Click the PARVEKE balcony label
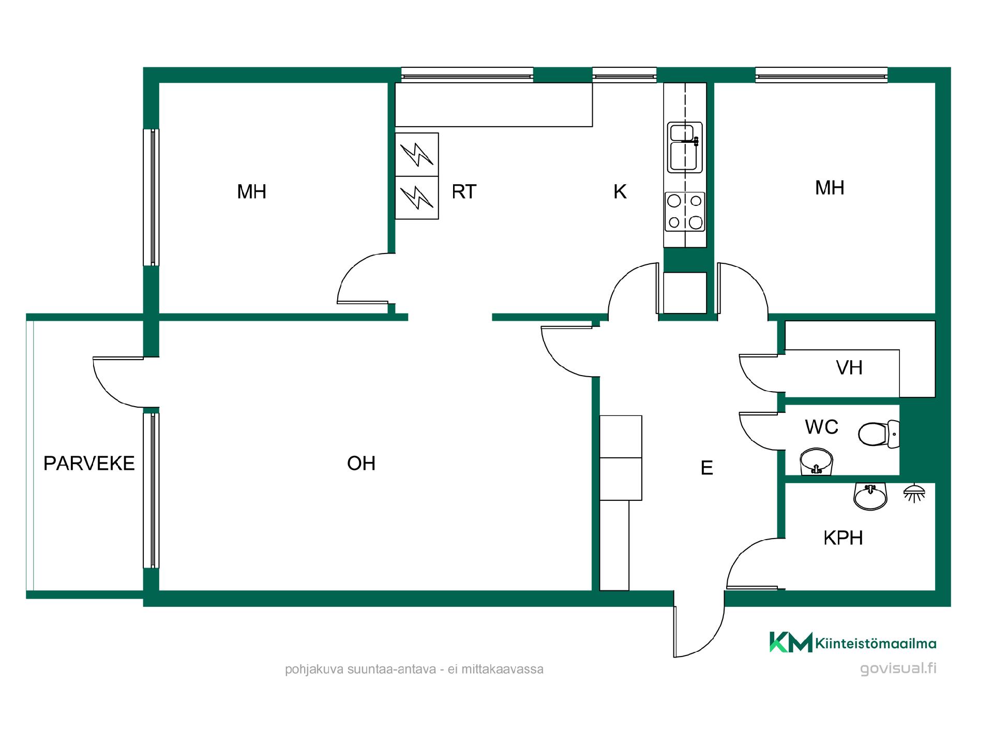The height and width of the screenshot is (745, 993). [89, 463]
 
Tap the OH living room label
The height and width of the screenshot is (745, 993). [361, 463]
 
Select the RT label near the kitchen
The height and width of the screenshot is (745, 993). [464, 191]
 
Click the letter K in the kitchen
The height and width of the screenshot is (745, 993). [620, 191]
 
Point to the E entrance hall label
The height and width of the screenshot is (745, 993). [706, 468]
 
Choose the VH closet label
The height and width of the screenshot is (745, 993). [849, 368]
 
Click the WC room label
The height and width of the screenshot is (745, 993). [821, 427]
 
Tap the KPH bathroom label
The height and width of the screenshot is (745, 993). [843, 538]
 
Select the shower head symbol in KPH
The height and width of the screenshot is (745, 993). [914, 493]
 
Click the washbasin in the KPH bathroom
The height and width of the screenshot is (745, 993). [870, 497]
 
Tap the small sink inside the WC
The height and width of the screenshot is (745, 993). [816, 461]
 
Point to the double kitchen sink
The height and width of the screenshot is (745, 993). [685, 147]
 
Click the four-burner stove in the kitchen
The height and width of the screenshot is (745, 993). [685, 212]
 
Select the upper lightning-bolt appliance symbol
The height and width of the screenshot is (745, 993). [417, 155]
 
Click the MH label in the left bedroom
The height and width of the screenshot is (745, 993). [251, 191]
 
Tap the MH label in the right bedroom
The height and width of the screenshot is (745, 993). [830, 187]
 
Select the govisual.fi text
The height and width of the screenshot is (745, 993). [898, 668]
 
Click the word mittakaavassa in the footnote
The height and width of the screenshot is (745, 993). [502, 669]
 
